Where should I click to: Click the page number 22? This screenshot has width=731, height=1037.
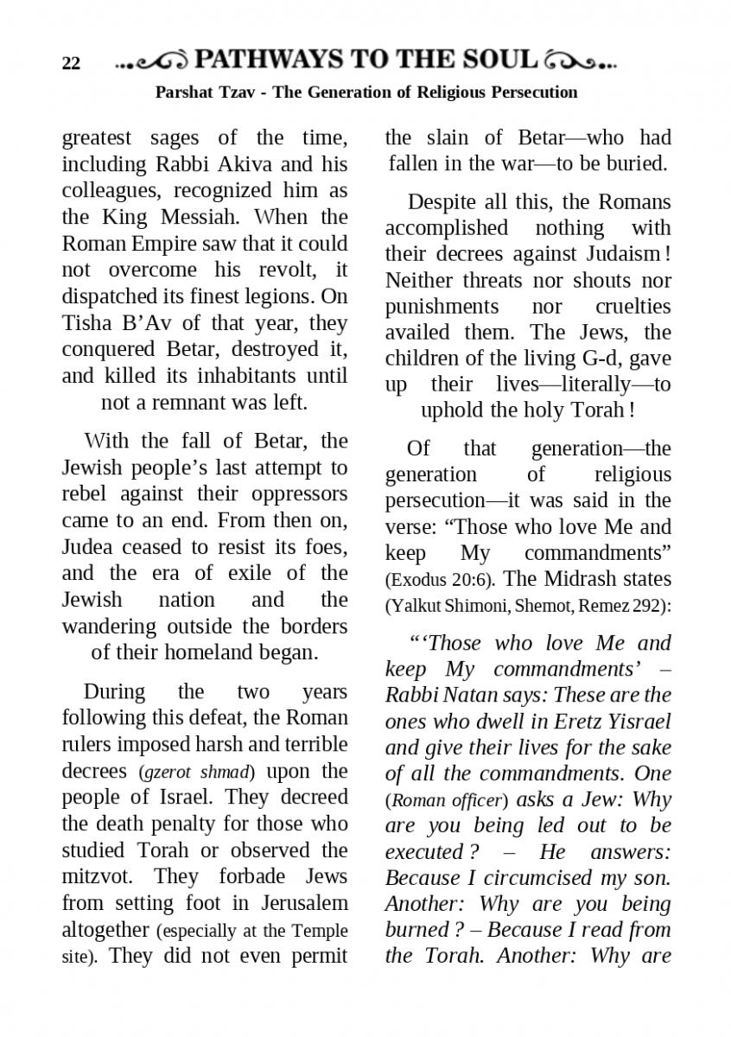point(71,64)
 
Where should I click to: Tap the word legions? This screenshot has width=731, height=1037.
point(280,296)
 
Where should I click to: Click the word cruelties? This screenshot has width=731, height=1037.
point(632,307)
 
